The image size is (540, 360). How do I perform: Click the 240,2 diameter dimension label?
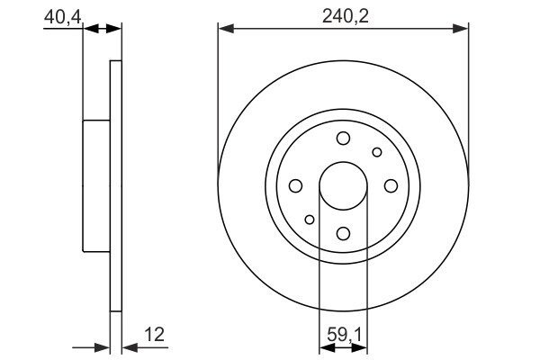tap(345, 16)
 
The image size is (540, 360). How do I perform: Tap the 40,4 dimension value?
tap(62, 17)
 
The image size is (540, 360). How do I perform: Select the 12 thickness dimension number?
tap(154, 334)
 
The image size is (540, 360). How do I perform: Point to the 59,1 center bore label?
tap(344, 334)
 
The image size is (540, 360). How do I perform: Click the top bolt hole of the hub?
tap(343, 139)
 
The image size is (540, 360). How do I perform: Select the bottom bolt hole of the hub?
tap(343, 234)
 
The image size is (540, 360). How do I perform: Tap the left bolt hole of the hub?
tap(295, 186)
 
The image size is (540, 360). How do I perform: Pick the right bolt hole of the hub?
tap(391, 186)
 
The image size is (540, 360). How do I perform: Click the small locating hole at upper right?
tap(377, 152)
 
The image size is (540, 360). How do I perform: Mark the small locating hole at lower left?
tap(310, 220)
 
